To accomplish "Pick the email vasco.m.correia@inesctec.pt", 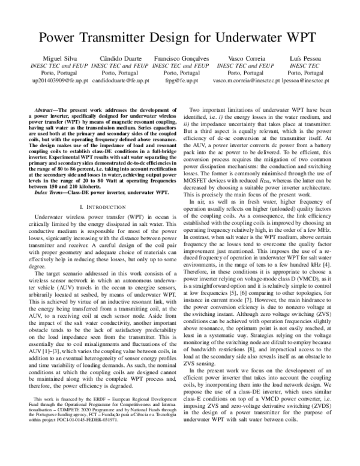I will click(250, 79).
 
